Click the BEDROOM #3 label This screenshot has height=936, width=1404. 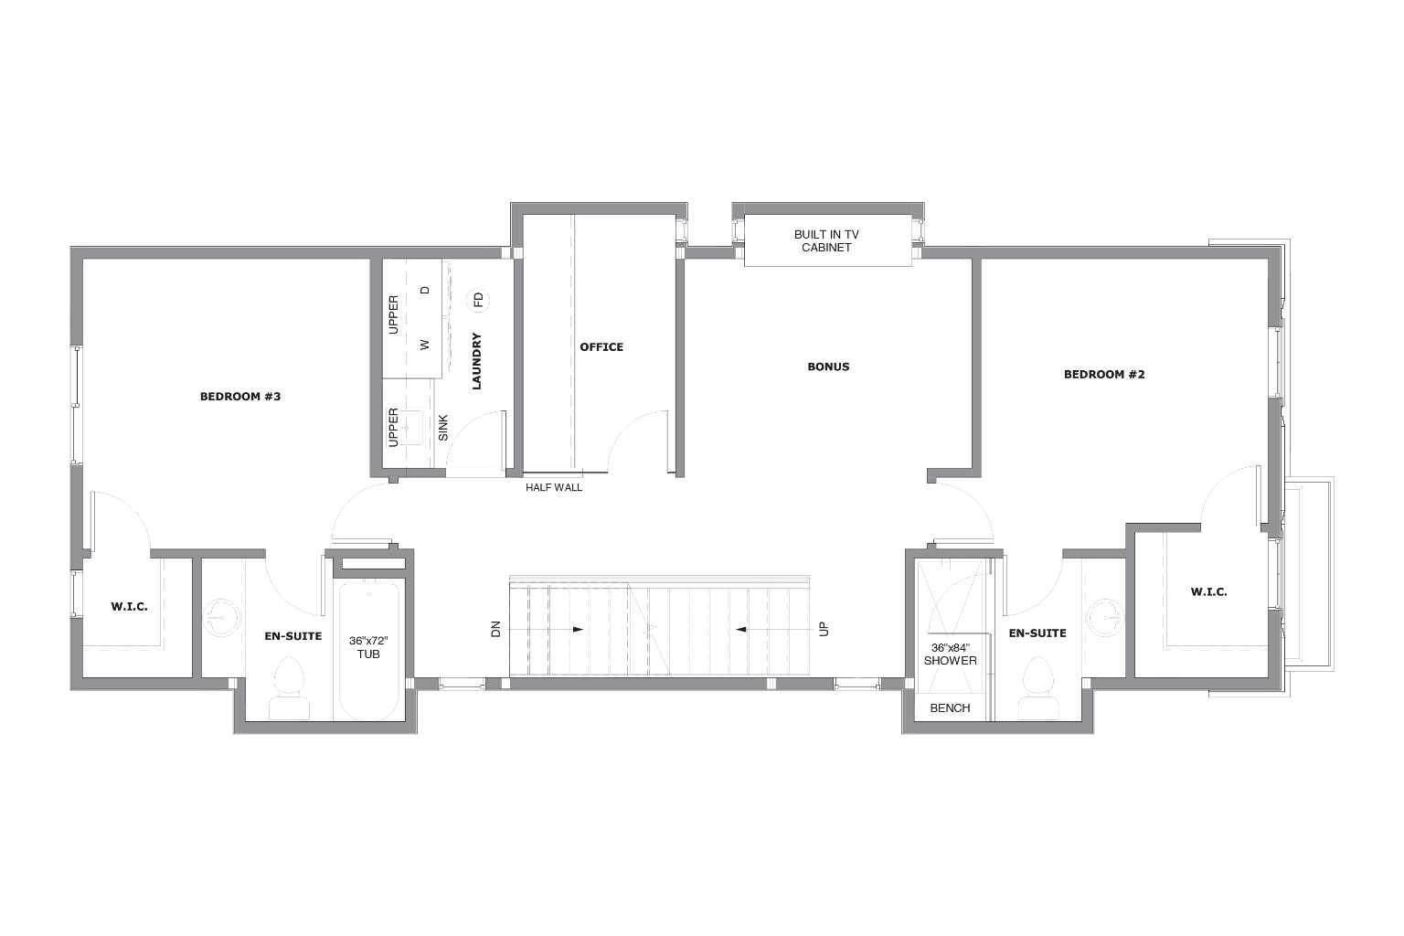[x=239, y=397]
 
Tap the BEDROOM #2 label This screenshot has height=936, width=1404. [x=1103, y=374]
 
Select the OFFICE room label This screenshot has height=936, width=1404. [x=601, y=347]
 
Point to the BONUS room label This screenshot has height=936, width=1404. [x=828, y=367]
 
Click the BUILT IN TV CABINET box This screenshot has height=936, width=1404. [x=827, y=241]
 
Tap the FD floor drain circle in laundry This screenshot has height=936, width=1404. [x=477, y=300]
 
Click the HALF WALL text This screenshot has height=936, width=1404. [x=553, y=488]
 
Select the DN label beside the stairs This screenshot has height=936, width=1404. [x=496, y=629]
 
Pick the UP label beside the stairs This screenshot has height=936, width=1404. [x=823, y=629]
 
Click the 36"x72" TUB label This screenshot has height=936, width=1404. [x=368, y=647]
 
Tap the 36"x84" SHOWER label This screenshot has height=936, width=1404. [x=950, y=654]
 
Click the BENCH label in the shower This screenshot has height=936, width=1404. [x=950, y=708]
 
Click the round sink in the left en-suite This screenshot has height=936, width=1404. [x=221, y=616]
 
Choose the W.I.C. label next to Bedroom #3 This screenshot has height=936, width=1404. [x=129, y=607]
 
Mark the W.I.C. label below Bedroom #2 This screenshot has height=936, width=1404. [x=1208, y=592]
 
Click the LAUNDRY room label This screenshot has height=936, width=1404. [x=476, y=362]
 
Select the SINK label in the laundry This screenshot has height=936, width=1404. [x=443, y=427]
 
